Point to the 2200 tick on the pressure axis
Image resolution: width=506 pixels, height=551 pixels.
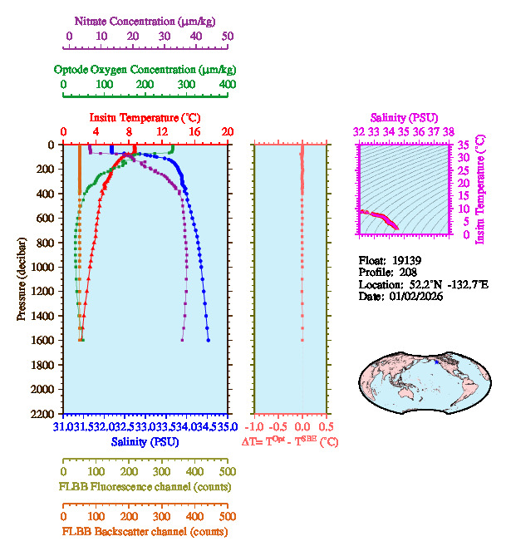click(43, 414)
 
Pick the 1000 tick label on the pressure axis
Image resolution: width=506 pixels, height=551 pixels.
click(43, 267)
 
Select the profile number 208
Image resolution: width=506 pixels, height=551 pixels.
click(408, 272)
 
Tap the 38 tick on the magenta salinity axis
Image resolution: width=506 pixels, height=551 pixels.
click(449, 132)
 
